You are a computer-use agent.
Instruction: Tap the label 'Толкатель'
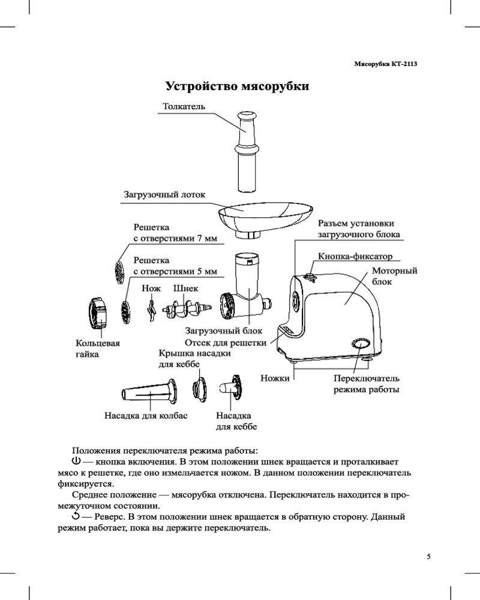[184, 106]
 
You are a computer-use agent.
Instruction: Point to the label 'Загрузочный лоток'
[164, 194]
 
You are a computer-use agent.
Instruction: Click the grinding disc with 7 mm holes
[119, 271]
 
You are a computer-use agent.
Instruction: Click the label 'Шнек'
[185, 289]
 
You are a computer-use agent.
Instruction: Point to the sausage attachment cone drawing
[149, 394]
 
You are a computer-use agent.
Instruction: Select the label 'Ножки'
[275, 379]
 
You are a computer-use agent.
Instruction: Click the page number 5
[428, 556]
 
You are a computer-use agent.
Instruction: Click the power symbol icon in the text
[76, 461]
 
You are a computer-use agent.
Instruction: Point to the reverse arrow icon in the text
[76, 515]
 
